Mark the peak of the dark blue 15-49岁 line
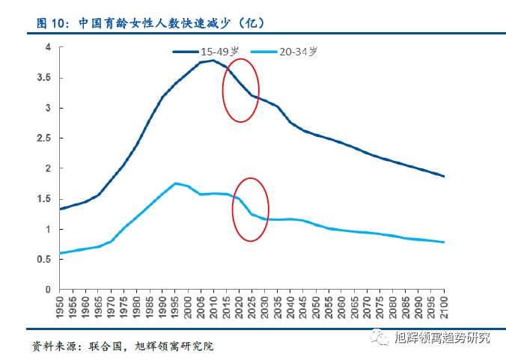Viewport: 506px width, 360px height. [213, 60]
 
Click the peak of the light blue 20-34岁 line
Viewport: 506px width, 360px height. [175, 183]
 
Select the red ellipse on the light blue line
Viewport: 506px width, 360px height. [250, 209]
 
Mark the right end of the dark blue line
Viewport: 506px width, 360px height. [445, 177]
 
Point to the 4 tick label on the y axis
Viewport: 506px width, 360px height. [48, 47]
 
